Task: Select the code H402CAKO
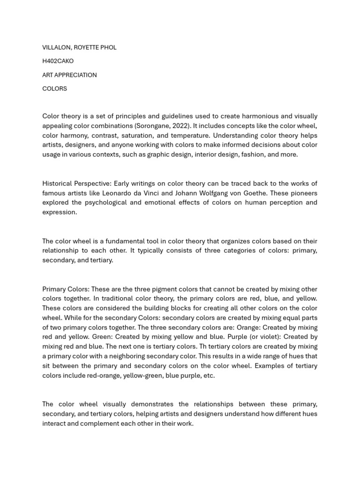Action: point(58,61)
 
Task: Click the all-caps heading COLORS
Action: point(54,89)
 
